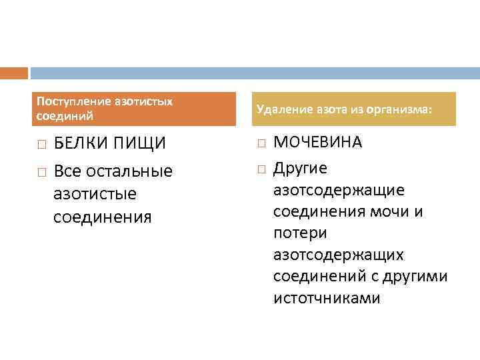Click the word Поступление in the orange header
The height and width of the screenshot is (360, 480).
tap(63, 101)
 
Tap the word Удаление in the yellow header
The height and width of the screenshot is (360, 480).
tap(279, 109)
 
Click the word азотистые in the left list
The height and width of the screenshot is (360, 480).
tap(95, 194)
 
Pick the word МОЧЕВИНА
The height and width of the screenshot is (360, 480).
tap(318, 143)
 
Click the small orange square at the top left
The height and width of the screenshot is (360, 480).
tap(14, 73)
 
